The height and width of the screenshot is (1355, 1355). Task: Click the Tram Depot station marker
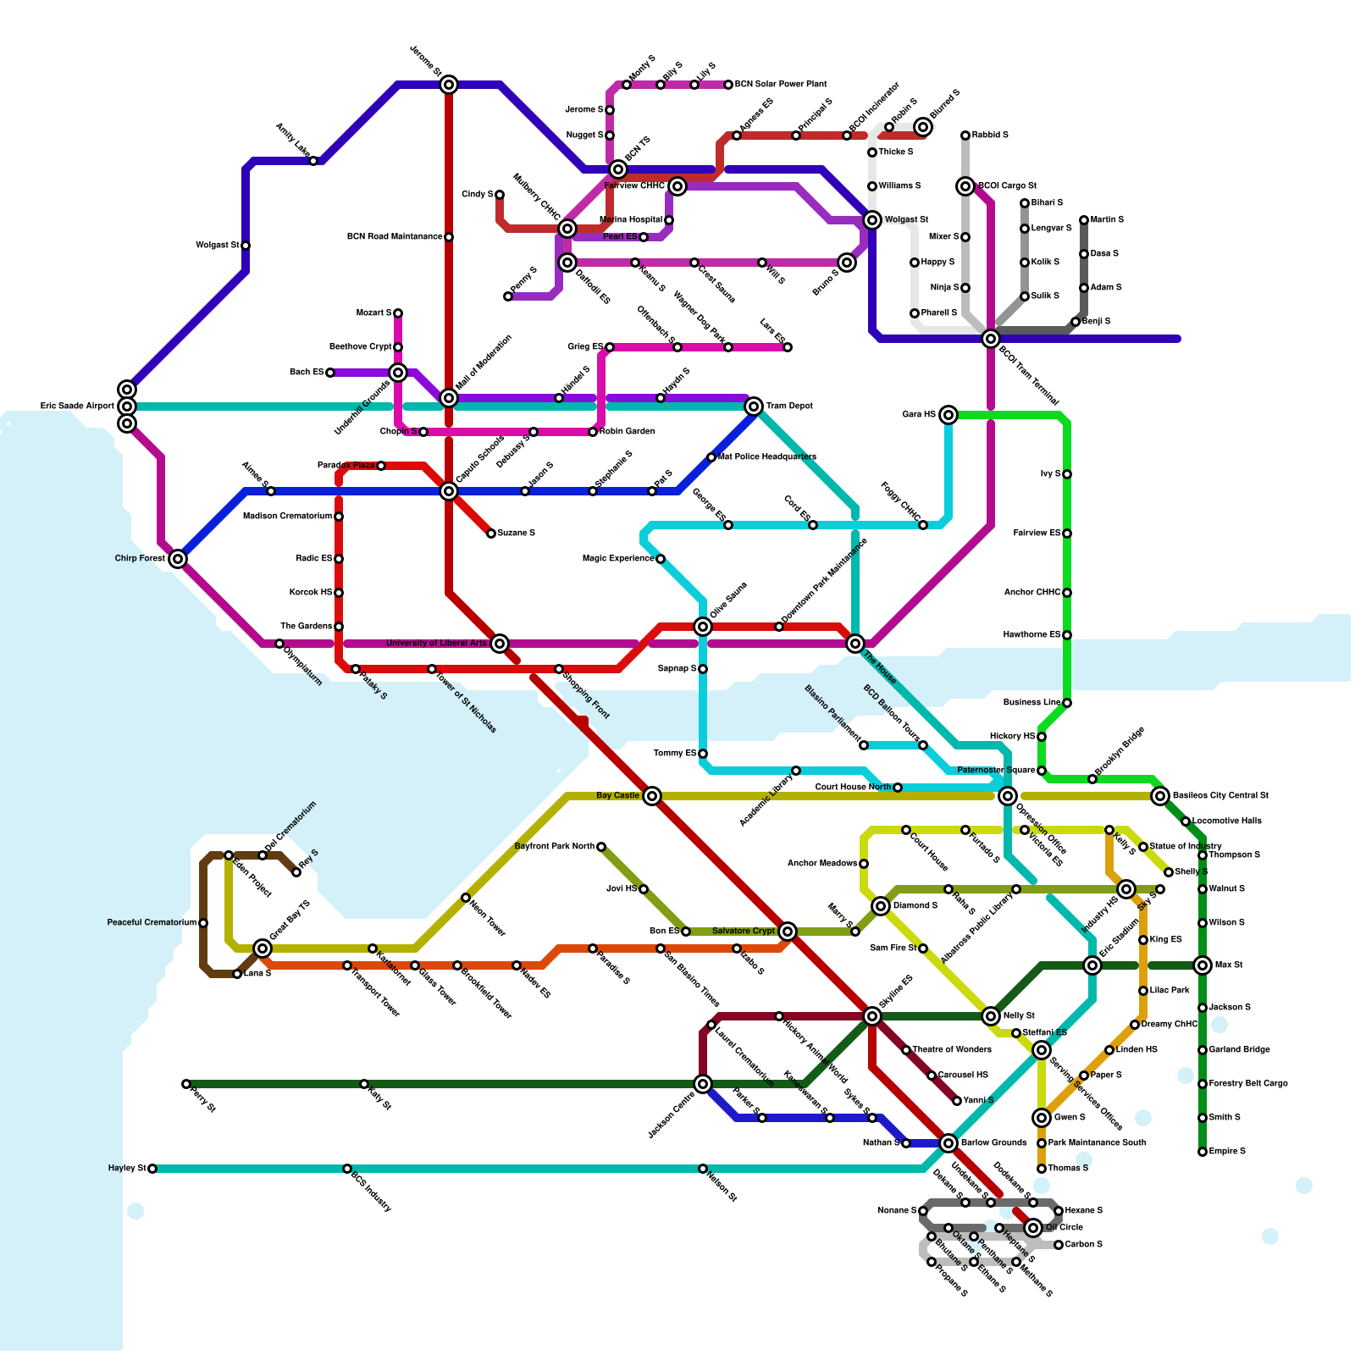point(754,406)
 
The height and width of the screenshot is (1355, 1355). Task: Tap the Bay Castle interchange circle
point(651,796)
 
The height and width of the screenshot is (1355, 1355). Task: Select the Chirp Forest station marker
point(177,559)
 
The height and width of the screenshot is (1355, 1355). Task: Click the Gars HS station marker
point(948,415)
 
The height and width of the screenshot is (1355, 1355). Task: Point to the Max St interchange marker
point(1203,965)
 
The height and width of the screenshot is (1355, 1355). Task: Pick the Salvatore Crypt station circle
point(788,932)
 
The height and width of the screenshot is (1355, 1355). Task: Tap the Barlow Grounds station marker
point(948,1143)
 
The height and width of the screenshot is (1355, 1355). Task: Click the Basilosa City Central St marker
point(1160,796)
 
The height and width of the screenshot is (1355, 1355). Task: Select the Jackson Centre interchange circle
point(703,1084)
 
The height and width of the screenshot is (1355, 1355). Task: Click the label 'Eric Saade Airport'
point(77,406)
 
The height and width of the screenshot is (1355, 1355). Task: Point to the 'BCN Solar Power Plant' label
point(781,85)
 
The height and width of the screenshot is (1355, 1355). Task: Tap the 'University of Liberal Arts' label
point(436,644)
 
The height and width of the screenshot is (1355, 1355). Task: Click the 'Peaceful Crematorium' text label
point(152,922)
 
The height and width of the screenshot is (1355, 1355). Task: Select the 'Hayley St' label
point(127,1169)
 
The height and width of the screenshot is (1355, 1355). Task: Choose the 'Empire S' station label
point(1227,1152)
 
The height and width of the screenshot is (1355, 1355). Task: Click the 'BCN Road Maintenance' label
point(395,237)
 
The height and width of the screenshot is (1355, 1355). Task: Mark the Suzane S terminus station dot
point(491,534)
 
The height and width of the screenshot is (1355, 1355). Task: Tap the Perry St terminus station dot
point(186,1084)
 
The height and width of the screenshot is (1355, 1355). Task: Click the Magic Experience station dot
point(661,559)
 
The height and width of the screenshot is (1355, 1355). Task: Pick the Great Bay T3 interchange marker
point(263,948)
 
